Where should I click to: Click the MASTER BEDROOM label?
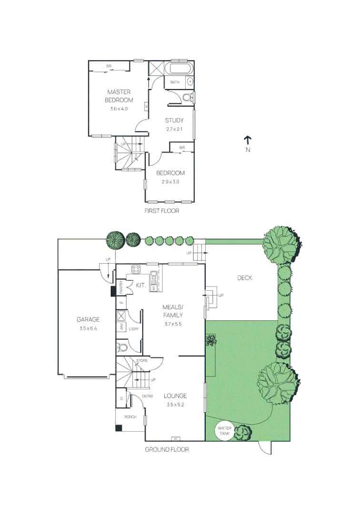pyautogui.click(x=119, y=96)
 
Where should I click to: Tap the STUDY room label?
pyautogui.click(x=174, y=120)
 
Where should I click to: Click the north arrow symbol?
pyautogui.click(x=248, y=140)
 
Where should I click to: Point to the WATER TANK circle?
pyautogui.click(x=225, y=431)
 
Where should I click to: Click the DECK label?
pyautogui.click(x=245, y=278)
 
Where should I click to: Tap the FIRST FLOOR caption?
pyautogui.click(x=162, y=210)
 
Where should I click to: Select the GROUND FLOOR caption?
pyautogui.click(x=167, y=449)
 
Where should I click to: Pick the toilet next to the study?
pyautogui.click(x=188, y=98)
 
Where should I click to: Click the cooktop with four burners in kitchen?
pyautogui.click(x=136, y=270)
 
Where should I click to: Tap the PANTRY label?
pyautogui.click(x=121, y=287)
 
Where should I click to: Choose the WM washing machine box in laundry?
pyautogui.click(x=121, y=327)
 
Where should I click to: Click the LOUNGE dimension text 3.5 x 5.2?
pyautogui.click(x=175, y=405)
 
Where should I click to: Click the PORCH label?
pyautogui.click(x=130, y=417)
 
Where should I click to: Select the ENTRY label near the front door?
pyautogui.click(x=147, y=395)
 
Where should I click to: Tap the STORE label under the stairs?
pyautogui.click(x=142, y=361)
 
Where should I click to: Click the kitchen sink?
pyautogui.click(x=154, y=276)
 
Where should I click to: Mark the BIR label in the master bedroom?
pyautogui.click(x=109, y=65)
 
